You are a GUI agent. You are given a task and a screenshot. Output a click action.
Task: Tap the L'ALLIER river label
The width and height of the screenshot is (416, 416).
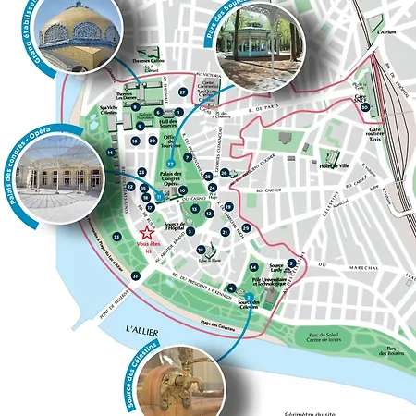point(144,330)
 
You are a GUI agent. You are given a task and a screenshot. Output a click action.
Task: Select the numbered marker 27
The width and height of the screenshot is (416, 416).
point(183,93)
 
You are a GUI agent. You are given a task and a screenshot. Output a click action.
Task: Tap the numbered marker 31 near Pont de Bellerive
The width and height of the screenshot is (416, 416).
point(136,276)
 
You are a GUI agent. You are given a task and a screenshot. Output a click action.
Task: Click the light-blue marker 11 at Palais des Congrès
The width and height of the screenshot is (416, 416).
point(159,196)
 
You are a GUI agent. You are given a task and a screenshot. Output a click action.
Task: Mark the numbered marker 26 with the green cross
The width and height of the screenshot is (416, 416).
point(225,174)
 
